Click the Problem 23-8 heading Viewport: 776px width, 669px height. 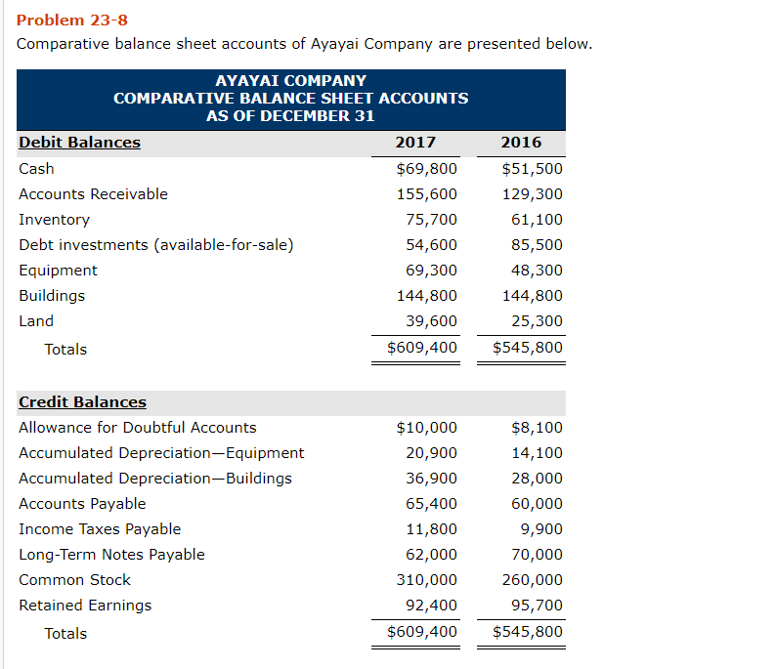click(72, 21)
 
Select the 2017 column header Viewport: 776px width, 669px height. click(415, 143)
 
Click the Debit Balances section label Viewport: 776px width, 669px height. click(79, 143)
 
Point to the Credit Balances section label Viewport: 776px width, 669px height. click(82, 402)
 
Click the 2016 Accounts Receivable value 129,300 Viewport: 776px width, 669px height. click(532, 194)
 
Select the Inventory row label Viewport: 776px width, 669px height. click(54, 220)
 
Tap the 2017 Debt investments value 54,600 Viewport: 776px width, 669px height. click(431, 245)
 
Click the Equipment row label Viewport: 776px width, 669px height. click(58, 271)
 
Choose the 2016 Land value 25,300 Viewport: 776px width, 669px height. click(537, 321)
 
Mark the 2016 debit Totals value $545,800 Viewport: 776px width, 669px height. click(527, 349)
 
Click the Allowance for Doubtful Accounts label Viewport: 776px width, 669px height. click(137, 428)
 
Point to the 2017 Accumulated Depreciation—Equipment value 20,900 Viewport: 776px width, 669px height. click(431, 453)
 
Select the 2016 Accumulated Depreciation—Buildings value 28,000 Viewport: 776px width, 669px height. click(537, 479)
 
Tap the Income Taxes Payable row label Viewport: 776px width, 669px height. click(100, 529)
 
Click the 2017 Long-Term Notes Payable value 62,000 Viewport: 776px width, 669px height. click(431, 555)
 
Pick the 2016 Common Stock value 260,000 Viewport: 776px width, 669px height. click(532, 580)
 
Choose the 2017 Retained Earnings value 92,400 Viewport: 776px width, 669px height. click(431, 606)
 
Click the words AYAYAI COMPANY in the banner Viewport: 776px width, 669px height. click(290, 81)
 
